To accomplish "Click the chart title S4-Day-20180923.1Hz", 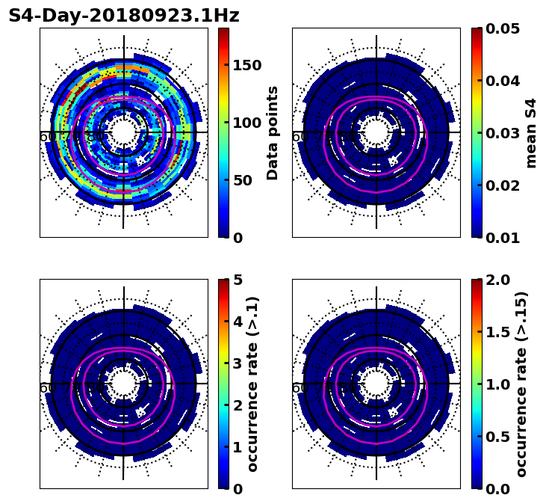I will (x=124, y=16).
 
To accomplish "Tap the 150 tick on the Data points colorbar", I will (x=247, y=65).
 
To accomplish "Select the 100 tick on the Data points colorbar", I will (x=247, y=123).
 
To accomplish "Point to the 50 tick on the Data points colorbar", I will (x=243, y=180).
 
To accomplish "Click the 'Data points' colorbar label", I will (x=273, y=132).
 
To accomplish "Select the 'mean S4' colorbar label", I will (x=531, y=132).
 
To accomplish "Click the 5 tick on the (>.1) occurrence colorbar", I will (x=237, y=280).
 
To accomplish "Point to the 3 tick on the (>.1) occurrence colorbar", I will (x=237, y=363).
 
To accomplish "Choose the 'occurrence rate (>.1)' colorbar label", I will (x=252, y=384).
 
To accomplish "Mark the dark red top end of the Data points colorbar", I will (x=223, y=31).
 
